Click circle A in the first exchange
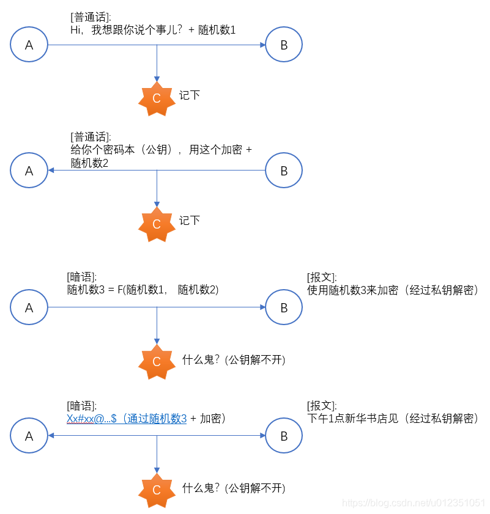(x=29, y=45)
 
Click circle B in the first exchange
(x=284, y=45)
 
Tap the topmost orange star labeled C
(x=157, y=98)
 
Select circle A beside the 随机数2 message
(x=29, y=171)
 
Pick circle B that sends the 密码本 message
(x=284, y=171)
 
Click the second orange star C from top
(x=157, y=224)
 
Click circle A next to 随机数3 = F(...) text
(x=29, y=307)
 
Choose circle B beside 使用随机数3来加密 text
(x=284, y=307)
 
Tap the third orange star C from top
(x=157, y=362)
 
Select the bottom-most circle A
(x=29, y=435)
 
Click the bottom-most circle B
(x=284, y=435)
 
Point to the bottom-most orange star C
(x=157, y=490)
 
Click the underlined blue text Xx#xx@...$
(x=92, y=419)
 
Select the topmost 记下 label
(x=190, y=95)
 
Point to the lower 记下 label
(x=190, y=221)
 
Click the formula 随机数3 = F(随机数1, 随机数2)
(x=143, y=290)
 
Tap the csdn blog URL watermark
(x=414, y=502)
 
